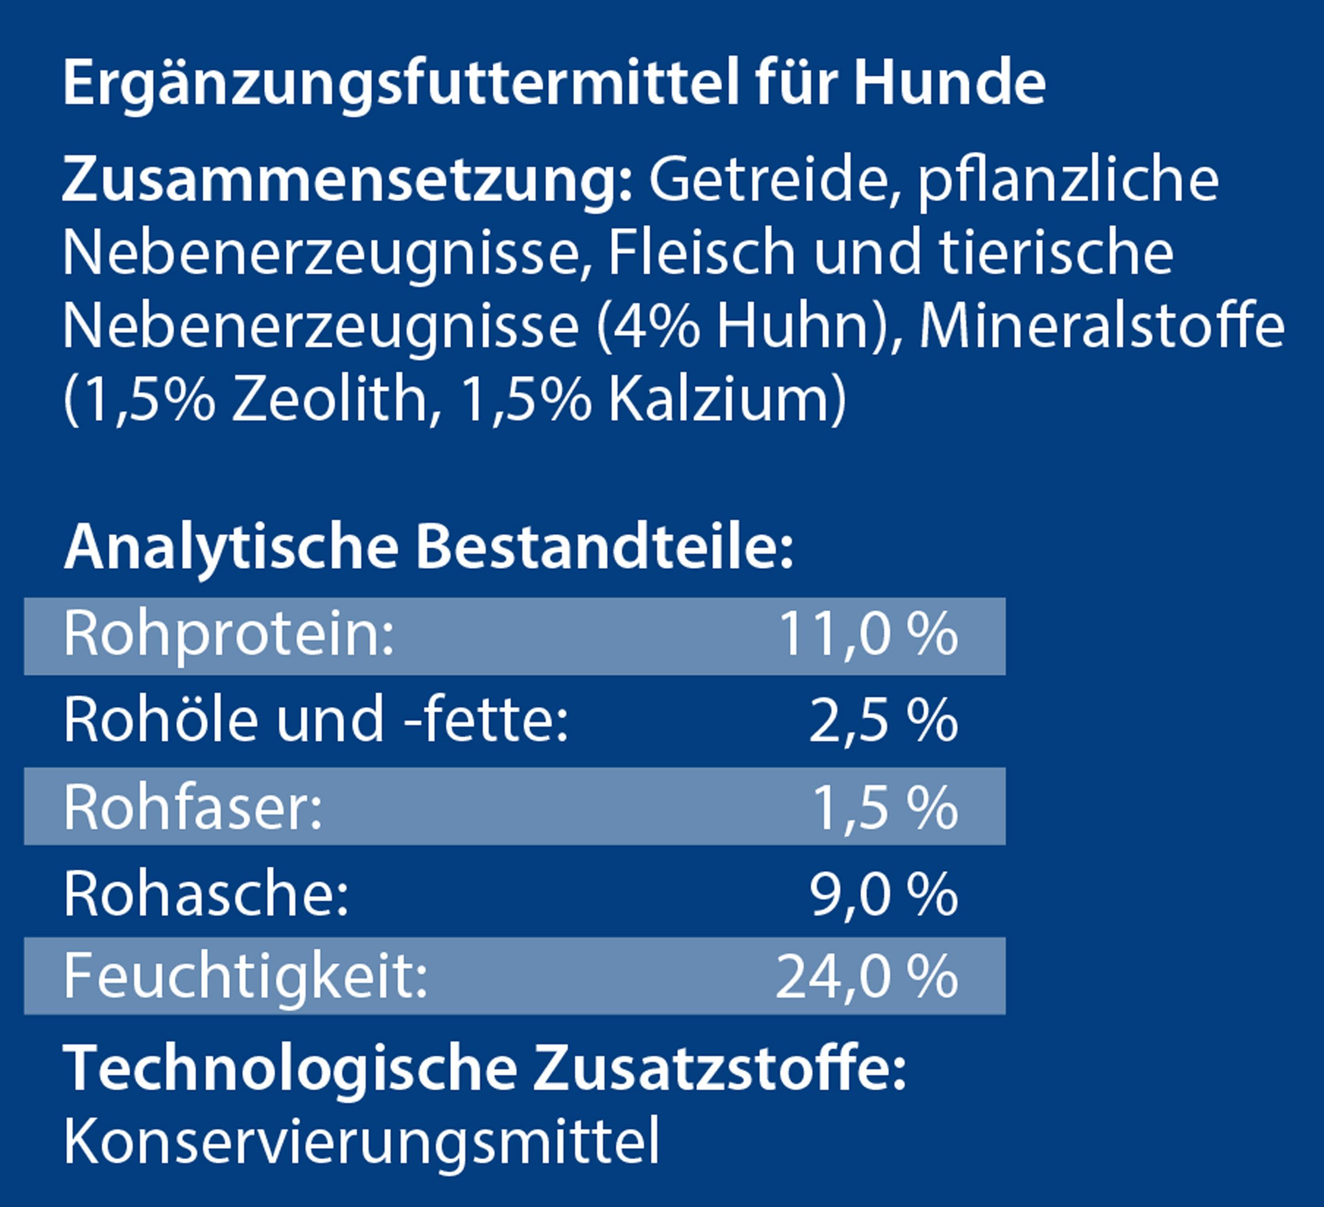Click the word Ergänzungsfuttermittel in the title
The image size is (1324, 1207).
[400, 84]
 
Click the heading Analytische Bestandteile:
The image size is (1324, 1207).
[428, 547]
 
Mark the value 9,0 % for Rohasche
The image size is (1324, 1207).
[883, 894]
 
